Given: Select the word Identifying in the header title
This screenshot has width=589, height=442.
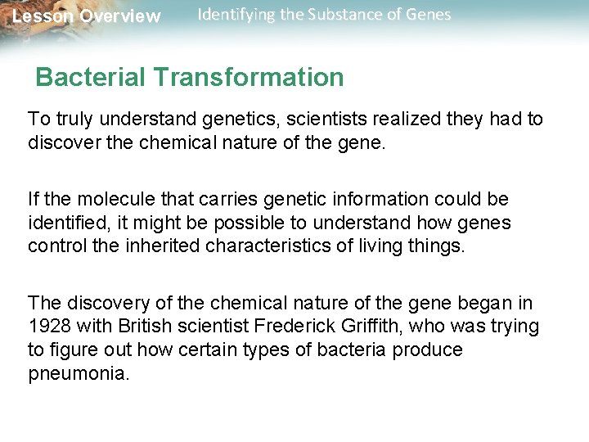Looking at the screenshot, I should coord(238,15).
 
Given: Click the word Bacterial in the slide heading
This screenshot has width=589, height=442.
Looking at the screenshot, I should coord(91,78).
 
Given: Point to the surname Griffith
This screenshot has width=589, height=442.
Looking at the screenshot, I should coord(364,327).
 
